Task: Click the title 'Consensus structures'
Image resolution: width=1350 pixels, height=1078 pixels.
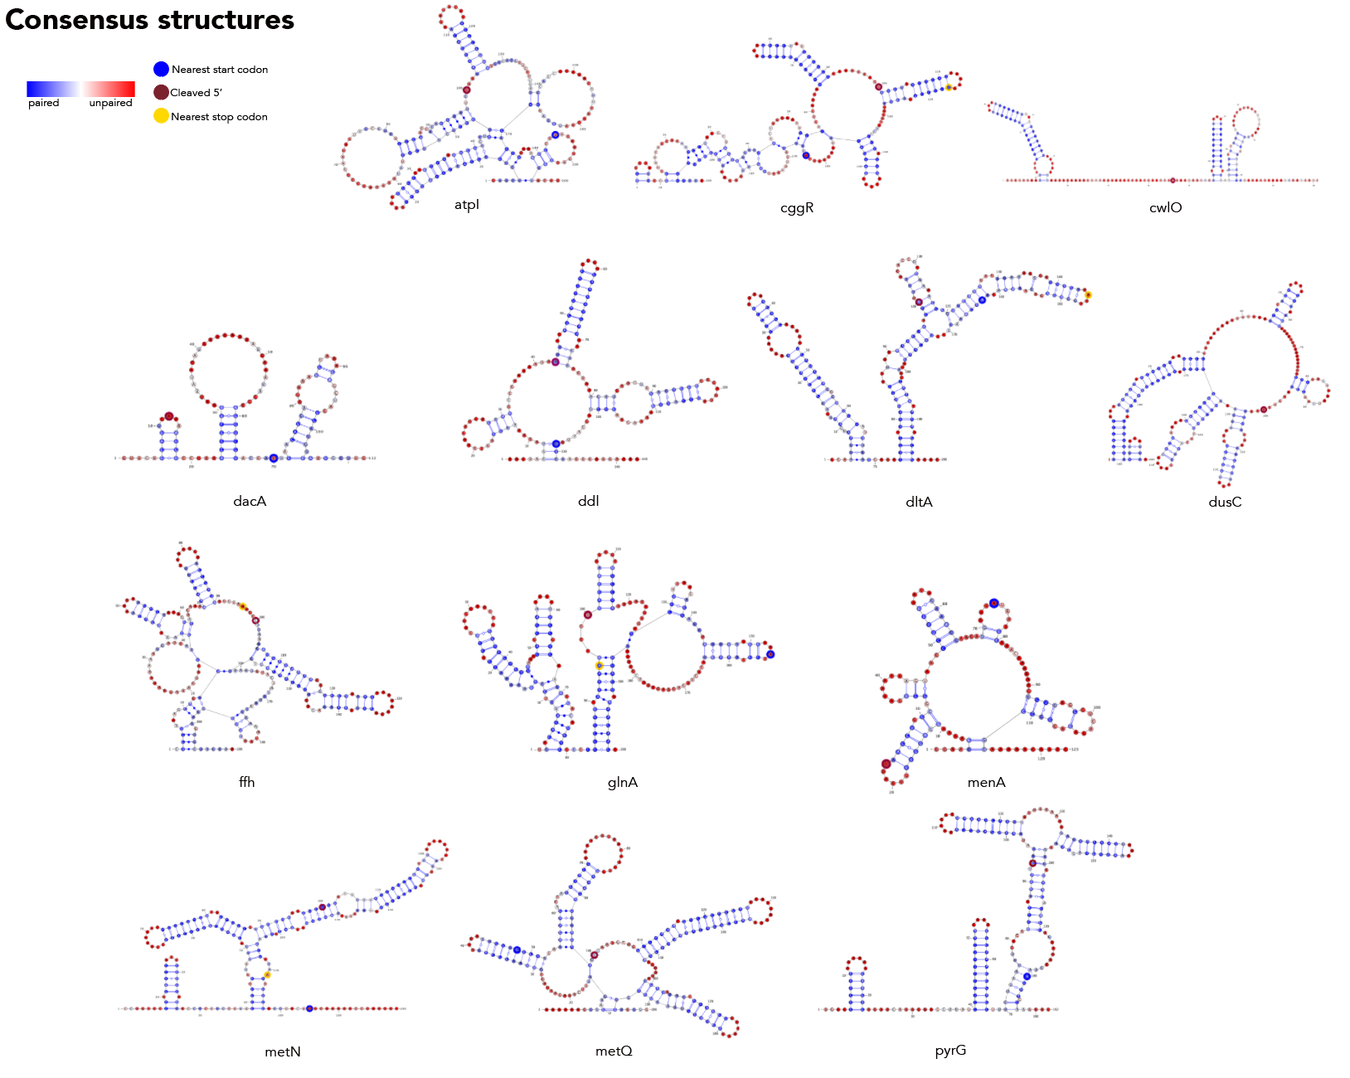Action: (x=149, y=20)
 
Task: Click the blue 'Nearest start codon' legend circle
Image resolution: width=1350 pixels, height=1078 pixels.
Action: (x=161, y=69)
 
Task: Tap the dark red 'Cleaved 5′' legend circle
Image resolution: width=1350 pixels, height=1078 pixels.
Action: (x=161, y=92)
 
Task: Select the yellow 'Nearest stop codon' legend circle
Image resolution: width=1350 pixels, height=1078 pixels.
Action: (x=161, y=116)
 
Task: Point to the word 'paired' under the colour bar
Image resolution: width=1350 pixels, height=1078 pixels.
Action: (x=43, y=103)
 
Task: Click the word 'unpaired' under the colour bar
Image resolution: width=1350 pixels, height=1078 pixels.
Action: (x=110, y=103)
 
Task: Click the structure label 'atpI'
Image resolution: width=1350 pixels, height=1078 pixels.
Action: (x=467, y=205)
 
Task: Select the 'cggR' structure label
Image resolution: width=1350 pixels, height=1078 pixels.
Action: (x=797, y=208)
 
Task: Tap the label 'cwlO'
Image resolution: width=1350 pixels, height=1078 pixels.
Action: (x=1165, y=208)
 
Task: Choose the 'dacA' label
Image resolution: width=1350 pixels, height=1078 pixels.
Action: (x=250, y=501)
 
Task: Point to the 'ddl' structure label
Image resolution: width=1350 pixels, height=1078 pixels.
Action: (x=588, y=501)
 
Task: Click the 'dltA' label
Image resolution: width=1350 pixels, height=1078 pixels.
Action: (x=919, y=502)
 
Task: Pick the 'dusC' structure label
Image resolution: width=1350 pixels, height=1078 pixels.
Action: (x=1225, y=502)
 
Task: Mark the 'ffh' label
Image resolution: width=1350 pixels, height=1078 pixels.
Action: (x=246, y=782)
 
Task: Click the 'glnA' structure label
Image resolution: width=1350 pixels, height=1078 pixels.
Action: (x=622, y=782)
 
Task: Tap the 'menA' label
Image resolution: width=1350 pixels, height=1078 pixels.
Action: (x=986, y=782)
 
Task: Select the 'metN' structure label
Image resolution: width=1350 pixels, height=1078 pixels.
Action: (x=283, y=1051)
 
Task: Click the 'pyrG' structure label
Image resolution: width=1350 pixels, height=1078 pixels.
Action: (x=950, y=1051)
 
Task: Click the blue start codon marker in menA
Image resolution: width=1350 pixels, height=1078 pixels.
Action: (x=993, y=603)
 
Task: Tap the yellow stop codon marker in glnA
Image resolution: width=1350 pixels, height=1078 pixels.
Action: (x=599, y=666)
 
